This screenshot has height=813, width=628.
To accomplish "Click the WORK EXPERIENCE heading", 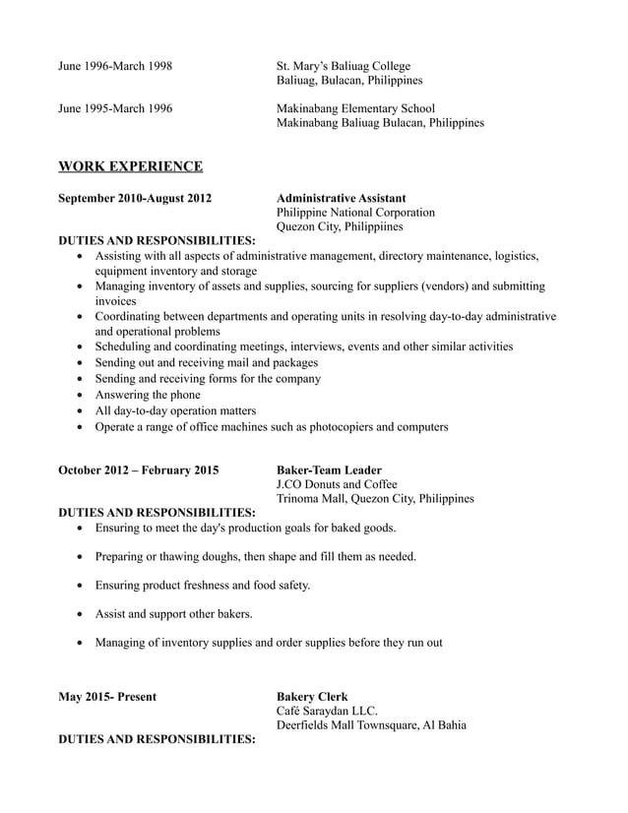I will click(131, 166).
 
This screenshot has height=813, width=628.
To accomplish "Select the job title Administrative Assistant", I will click(341, 198).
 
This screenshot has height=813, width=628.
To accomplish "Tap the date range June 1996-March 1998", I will click(115, 66).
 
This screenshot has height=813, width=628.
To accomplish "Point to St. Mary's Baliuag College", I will click(344, 66).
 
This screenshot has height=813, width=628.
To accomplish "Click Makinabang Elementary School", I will click(355, 108).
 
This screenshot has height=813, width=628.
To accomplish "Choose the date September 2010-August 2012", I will click(135, 198).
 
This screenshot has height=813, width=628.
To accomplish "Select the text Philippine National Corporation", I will click(355, 213).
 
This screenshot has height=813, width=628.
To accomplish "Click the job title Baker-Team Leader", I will click(329, 470).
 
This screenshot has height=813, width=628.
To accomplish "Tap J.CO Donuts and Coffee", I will click(337, 484).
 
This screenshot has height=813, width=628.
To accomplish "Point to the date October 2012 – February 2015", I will click(139, 470).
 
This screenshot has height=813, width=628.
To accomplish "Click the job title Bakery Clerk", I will click(312, 697).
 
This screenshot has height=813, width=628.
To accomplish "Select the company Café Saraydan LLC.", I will click(327, 712).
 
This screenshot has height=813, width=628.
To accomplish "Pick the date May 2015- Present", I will click(107, 697).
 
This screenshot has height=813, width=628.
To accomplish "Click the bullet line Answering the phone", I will click(148, 395).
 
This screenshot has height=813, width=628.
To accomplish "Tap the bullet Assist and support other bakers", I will click(173, 614).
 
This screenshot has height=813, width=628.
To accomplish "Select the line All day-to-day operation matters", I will click(175, 410).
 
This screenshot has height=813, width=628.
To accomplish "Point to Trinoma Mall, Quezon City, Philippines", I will click(375, 499).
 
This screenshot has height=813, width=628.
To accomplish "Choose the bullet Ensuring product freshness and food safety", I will click(202, 586).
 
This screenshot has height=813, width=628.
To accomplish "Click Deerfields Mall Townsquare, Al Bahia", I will click(371, 726).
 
